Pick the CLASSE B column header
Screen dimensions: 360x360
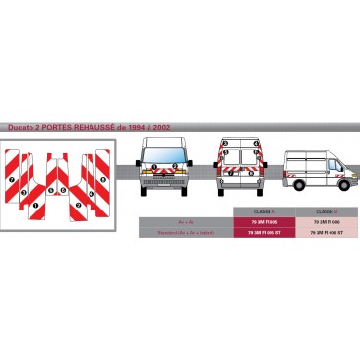tap(327, 211)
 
